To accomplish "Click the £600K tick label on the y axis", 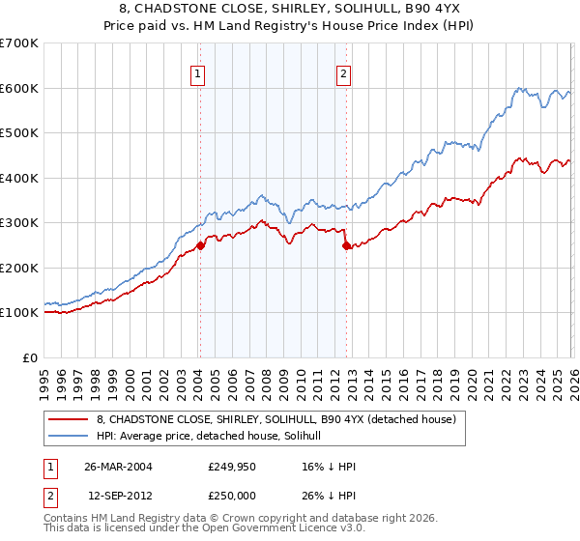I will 18,88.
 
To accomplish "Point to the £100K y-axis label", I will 18,313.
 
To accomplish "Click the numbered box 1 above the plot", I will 197,72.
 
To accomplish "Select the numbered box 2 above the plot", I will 343,72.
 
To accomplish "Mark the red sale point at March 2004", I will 200,245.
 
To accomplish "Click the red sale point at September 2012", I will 347,245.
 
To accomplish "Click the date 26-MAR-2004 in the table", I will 118,467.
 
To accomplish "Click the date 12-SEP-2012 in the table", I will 118,494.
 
